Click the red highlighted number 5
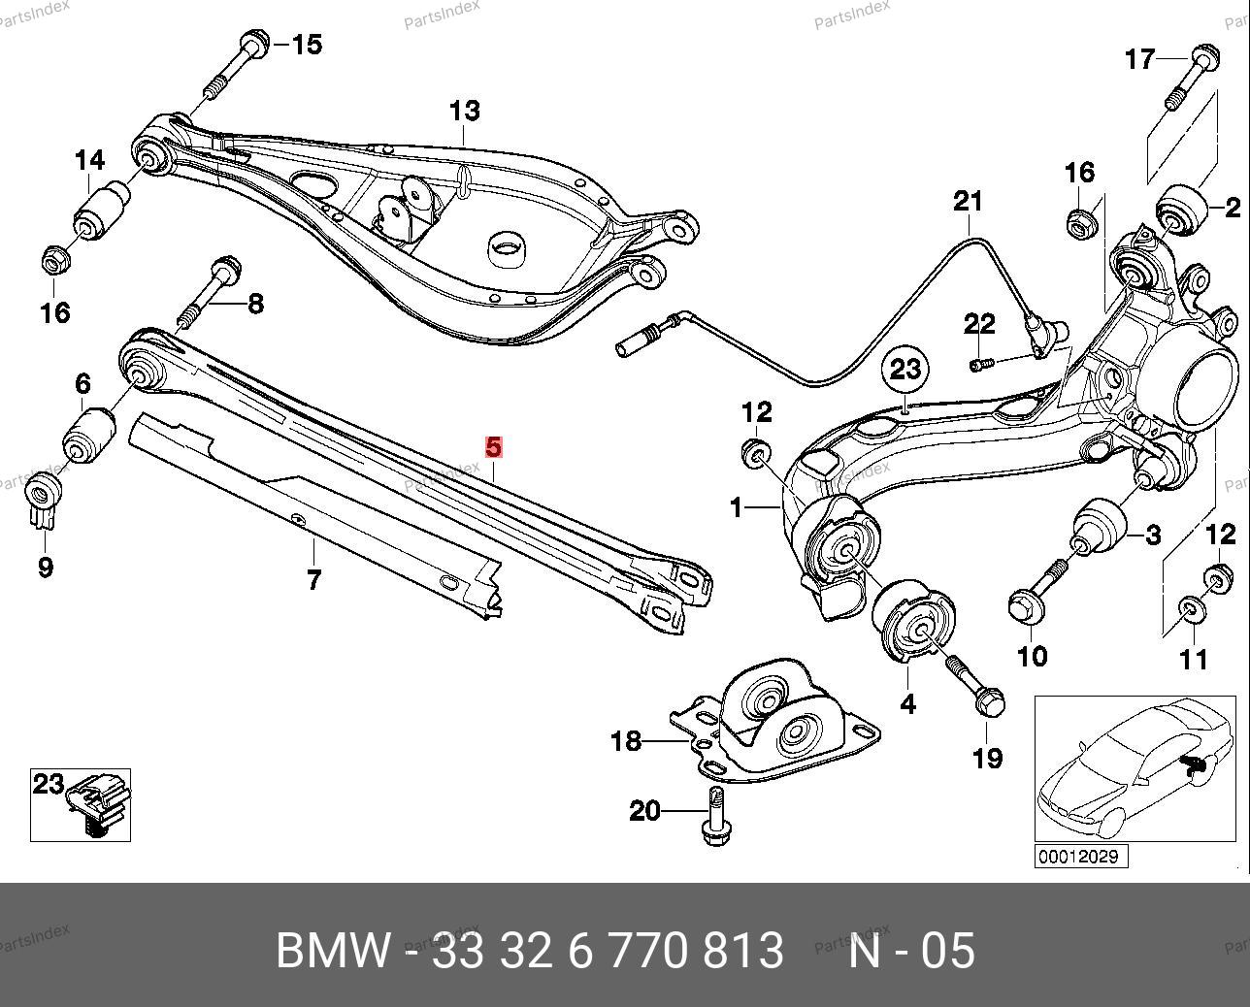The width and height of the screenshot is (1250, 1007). (x=494, y=447)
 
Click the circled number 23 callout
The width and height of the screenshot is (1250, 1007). (x=905, y=370)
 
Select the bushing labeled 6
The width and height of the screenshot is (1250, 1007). (x=89, y=436)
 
